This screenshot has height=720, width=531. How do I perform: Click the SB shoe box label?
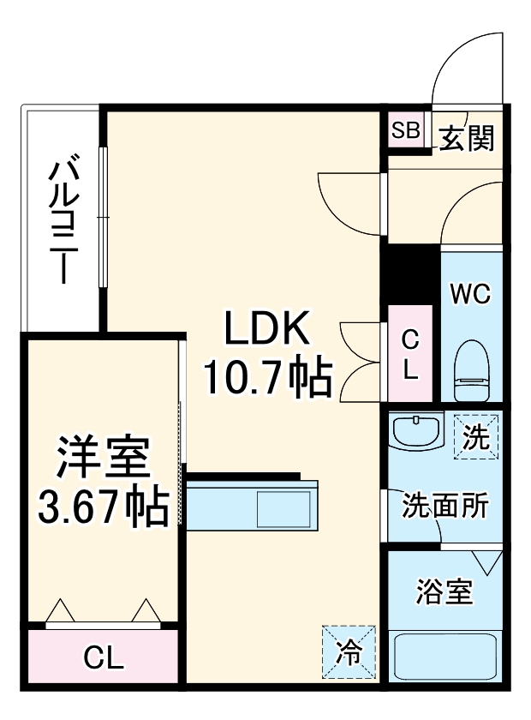click(406, 131)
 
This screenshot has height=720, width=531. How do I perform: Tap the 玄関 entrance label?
click(468, 137)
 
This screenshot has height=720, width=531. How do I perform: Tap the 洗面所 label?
click(445, 506)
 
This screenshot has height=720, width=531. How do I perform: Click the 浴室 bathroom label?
click(444, 592)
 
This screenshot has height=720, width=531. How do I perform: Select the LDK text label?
click(265, 329)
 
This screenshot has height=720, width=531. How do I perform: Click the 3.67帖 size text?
click(102, 507)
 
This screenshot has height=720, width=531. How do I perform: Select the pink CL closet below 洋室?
click(104, 658)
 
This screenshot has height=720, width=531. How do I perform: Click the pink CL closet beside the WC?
click(411, 354)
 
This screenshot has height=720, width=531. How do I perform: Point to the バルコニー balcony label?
click(63, 219)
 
